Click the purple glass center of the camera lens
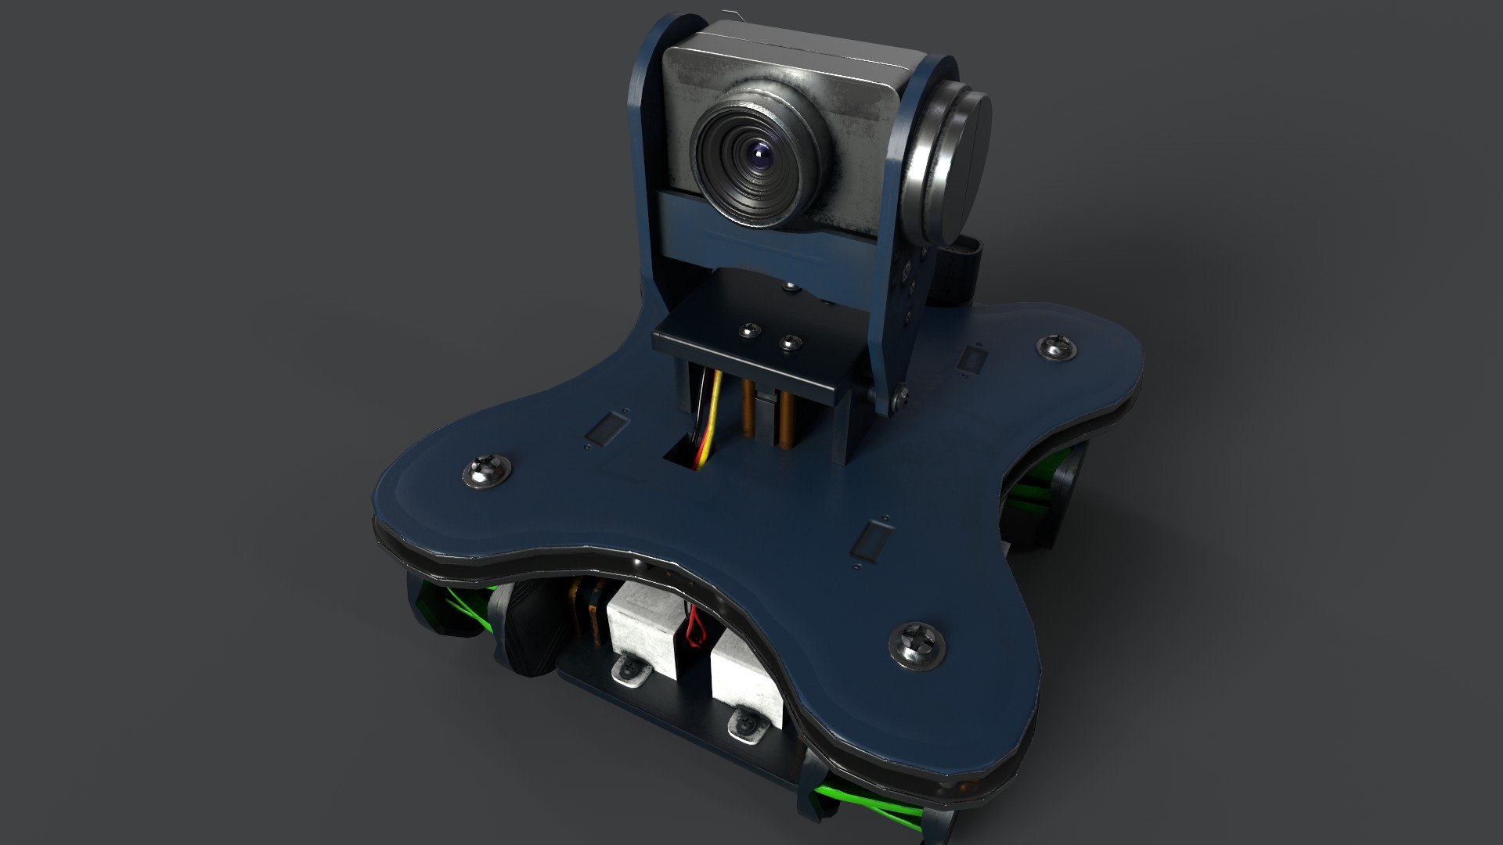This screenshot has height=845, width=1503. pos(761,159)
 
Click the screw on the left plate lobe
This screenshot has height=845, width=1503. pos(486,471)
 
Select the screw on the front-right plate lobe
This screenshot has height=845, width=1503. pos(917,645)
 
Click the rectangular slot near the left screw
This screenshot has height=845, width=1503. pos(607,430)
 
